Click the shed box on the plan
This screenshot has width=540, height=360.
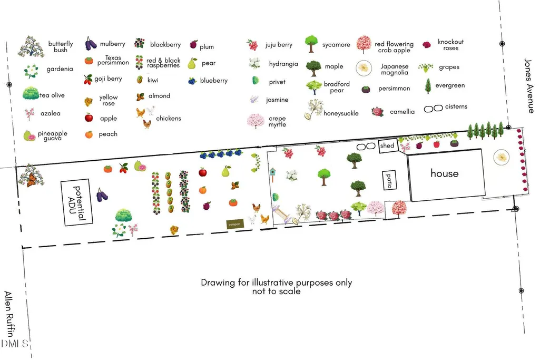[388, 145]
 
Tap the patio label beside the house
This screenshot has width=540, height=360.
[389, 180]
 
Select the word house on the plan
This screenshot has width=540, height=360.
[444, 173]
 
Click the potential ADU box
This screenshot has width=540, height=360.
[77, 202]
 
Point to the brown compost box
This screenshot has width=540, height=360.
[234, 224]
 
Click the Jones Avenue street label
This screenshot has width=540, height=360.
[528, 86]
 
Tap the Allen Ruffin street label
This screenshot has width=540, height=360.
[9, 314]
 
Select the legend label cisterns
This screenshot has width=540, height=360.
[456, 107]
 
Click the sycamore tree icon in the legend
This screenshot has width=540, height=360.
[311, 44]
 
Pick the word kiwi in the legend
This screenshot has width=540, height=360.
[153, 80]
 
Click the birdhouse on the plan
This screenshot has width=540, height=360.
[272, 174]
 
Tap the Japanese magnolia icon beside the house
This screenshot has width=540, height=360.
[501, 157]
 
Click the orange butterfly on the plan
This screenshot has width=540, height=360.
[32, 180]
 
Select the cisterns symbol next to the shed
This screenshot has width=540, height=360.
[366, 147]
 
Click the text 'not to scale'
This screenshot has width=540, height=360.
[276, 291]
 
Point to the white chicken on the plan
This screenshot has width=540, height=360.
[253, 219]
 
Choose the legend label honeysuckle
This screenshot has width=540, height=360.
[341, 113]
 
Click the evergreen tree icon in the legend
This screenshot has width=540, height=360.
[428, 86]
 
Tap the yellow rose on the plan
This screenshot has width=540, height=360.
[174, 230]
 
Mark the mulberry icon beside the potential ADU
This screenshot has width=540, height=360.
[102, 195]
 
